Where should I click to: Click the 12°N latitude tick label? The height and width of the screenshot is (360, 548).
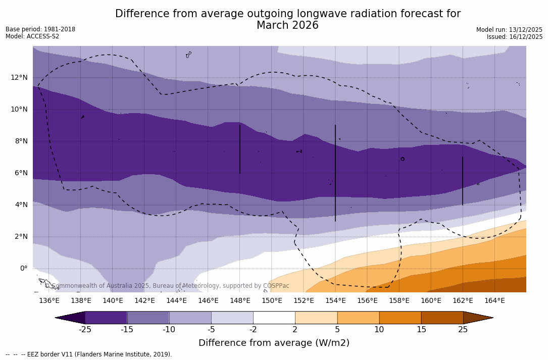(x=18, y=77)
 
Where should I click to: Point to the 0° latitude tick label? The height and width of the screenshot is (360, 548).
(x=24, y=268)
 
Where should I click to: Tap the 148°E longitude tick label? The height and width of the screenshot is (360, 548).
(x=240, y=301)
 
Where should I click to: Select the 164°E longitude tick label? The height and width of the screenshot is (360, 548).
(x=494, y=301)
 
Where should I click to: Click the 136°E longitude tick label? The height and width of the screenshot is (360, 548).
(x=49, y=301)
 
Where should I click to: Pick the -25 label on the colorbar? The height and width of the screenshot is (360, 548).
(x=85, y=330)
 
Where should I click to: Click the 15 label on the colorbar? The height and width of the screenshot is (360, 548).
(x=421, y=330)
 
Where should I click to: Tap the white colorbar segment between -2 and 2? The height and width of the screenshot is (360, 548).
(x=274, y=318)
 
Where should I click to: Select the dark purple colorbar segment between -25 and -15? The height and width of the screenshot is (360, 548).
(x=106, y=318)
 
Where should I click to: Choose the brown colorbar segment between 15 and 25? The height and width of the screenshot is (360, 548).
(x=442, y=318)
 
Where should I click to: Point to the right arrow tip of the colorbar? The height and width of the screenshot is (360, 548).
(x=492, y=318)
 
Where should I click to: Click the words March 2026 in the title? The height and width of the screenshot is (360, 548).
(x=287, y=25)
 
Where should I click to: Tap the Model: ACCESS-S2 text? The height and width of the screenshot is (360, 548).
(x=32, y=36)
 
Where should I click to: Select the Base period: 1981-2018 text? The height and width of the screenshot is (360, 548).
(x=40, y=29)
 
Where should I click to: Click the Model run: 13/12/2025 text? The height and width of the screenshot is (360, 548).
(x=509, y=30)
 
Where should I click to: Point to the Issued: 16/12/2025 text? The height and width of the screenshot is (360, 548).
(x=515, y=37)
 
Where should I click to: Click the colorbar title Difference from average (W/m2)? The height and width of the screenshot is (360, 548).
(x=274, y=343)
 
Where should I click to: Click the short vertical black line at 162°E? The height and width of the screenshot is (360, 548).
(x=463, y=181)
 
